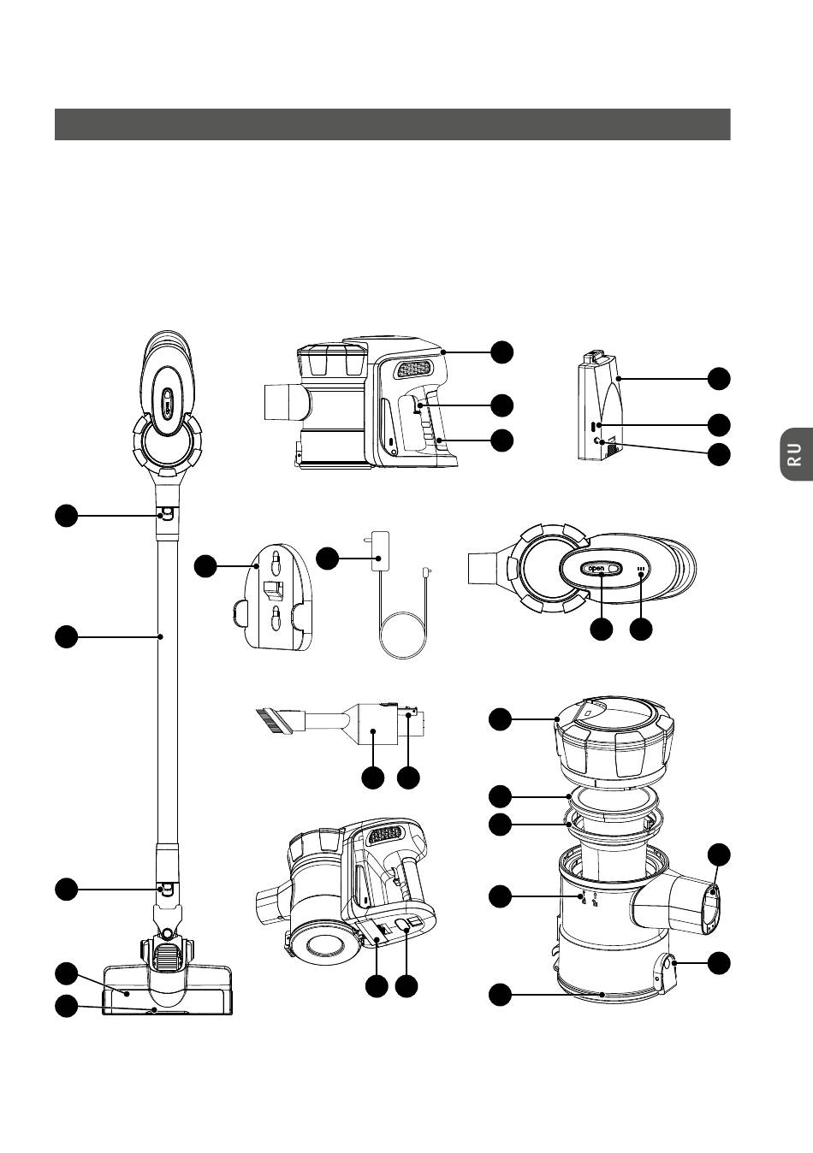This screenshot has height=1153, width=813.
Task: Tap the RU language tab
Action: [795, 454]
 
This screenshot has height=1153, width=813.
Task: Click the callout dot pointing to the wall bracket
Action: [205, 565]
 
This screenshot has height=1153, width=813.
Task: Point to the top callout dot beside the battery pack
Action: [720, 378]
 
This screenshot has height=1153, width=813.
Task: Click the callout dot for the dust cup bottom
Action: [501, 995]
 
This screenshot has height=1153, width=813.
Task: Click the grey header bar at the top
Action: [392, 124]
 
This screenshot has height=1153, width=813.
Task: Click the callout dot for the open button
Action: [602, 629]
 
